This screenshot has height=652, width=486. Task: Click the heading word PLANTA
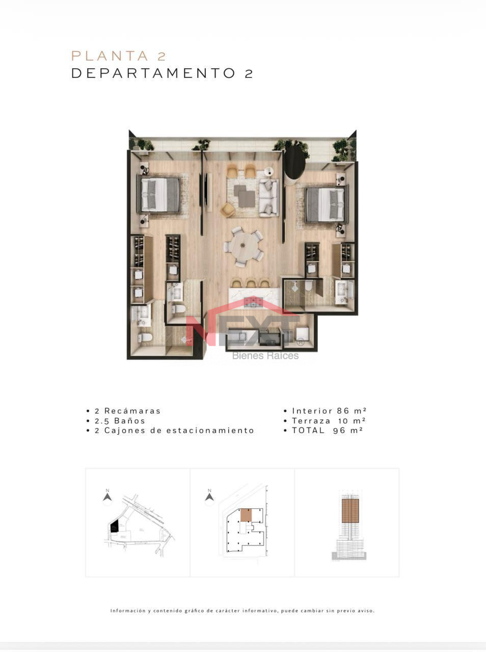click(x=110, y=56)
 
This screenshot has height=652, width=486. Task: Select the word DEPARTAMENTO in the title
click(x=153, y=73)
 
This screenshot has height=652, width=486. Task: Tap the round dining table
click(x=243, y=246)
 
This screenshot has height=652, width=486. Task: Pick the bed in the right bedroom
click(x=327, y=204)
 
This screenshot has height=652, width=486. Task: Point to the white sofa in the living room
click(x=268, y=197)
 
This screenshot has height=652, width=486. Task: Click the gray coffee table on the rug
click(x=244, y=196)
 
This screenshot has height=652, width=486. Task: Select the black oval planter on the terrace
click(x=294, y=160)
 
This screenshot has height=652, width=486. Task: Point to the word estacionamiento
click(x=210, y=430)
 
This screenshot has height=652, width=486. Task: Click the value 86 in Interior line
click(x=343, y=411)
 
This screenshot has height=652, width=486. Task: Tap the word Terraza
click(x=311, y=421)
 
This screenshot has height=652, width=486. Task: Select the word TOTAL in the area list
click(x=308, y=430)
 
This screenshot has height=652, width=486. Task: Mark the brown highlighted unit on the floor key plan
click(x=246, y=515)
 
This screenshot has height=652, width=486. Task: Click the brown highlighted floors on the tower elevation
click(x=350, y=510)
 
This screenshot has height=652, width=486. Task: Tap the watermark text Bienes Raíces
click(x=265, y=356)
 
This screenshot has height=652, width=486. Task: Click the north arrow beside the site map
click(x=107, y=497)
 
